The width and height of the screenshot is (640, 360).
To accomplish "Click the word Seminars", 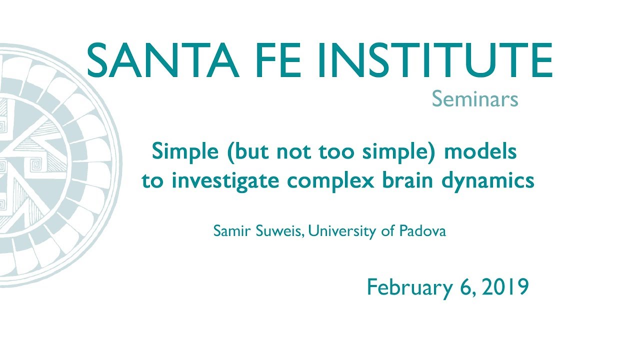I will coord(474,99).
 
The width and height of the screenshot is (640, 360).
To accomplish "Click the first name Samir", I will coord(228,232).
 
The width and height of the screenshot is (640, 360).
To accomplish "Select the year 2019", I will coord(505,287).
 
